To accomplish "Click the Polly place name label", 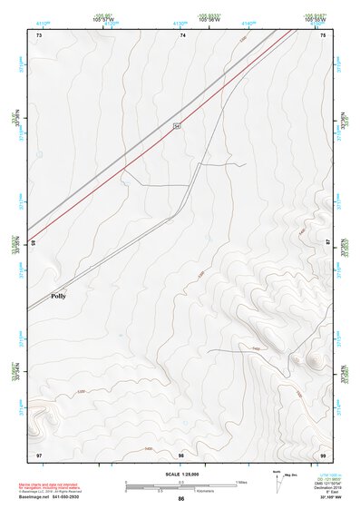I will click(58, 296).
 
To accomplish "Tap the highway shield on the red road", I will click(178, 125).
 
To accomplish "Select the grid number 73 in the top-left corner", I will click(39, 34).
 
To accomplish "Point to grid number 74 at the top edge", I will click(183, 34).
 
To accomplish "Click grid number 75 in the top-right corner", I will click(324, 34).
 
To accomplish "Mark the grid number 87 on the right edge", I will click(328, 243).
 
